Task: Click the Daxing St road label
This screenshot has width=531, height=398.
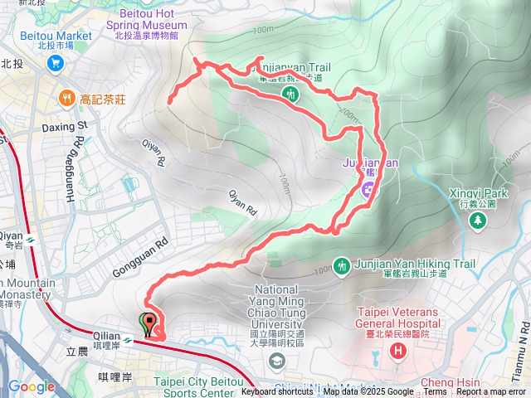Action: point(64,128)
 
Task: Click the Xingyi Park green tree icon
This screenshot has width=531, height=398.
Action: point(477,220)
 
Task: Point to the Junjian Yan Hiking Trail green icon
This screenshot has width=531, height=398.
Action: point(342,265)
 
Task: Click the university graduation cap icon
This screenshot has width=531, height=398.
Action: point(276,359)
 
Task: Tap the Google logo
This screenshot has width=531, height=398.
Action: point(31,386)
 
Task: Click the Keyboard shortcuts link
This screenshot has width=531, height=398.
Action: point(277,392)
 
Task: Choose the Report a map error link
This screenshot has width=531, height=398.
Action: point(490,392)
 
